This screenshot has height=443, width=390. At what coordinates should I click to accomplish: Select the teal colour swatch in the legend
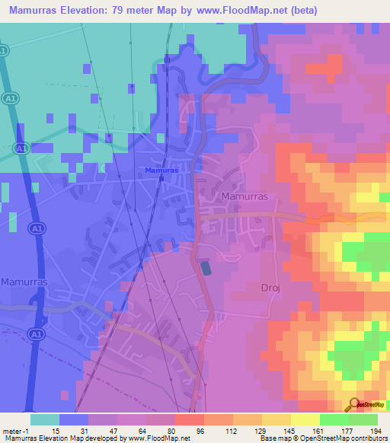coord(45,419)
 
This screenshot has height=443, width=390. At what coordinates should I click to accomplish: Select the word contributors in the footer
coord(368,439)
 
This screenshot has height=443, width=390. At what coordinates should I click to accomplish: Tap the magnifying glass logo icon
coord(353,404)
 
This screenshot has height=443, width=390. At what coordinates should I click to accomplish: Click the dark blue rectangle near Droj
coord(206,268)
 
